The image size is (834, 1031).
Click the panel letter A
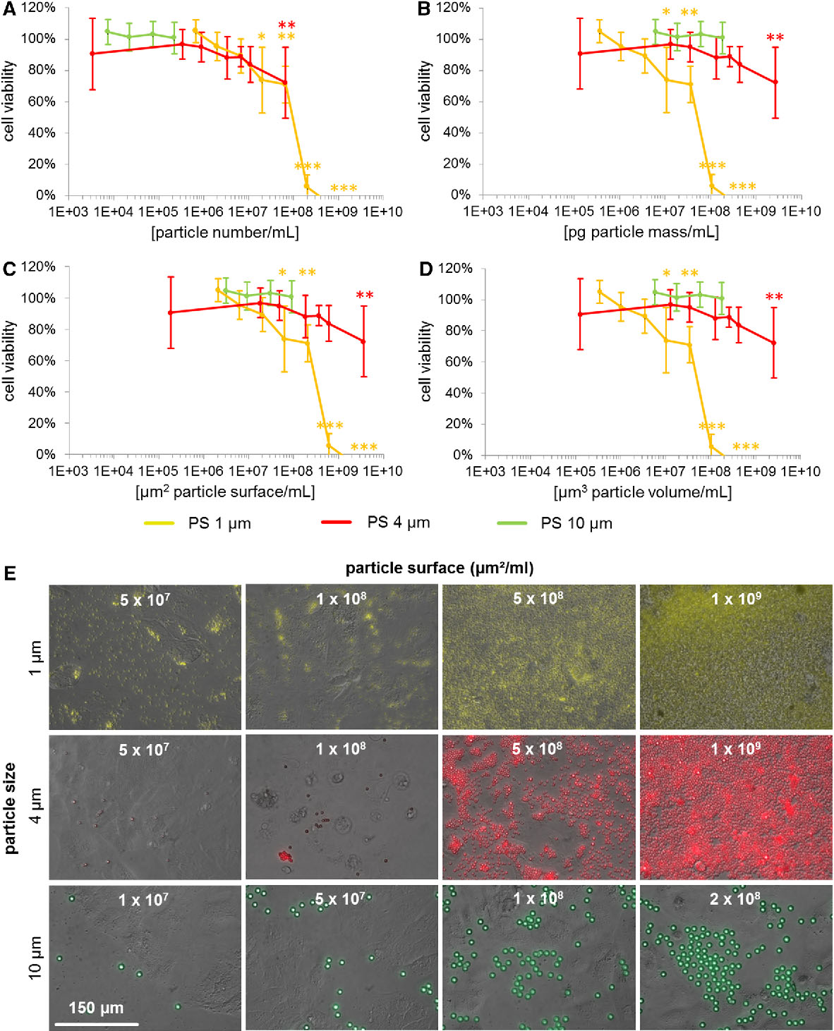pos(9,8)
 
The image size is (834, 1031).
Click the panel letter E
pos(9,572)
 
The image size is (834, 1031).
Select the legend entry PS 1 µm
pos(219,523)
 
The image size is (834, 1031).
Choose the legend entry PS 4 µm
pos(398,523)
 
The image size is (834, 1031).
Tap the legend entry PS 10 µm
pos(576,523)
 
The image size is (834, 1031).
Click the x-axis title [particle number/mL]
pos(225,232)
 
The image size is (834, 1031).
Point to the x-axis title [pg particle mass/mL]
pos(641,232)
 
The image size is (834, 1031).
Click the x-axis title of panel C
pos(225,492)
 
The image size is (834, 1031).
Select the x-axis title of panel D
pos(642,492)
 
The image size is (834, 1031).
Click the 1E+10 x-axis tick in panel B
pos(801,211)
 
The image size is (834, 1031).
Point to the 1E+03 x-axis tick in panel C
pos(68,471)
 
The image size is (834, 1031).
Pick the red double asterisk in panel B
pos(775,38)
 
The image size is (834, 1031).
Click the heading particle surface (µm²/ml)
pos(439,568)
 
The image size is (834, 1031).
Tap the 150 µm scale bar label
pos(96,1008)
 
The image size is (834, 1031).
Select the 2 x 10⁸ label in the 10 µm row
pos(735,898)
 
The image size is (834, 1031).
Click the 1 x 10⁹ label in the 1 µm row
pos(735,599)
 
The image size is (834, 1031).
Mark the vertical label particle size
pos(11,807)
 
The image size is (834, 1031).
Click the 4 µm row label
pos(35,807)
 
